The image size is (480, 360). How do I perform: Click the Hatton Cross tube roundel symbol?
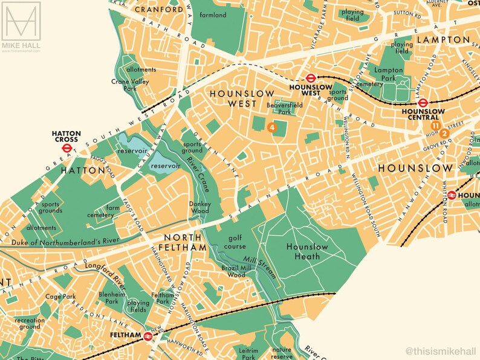(x=67, y=146)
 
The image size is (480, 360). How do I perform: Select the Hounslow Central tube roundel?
(x=423, y=103)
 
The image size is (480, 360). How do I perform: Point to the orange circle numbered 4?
(x=272, y=127)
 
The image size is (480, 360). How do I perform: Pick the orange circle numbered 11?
(x=435, y=125)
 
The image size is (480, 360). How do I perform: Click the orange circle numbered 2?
(x=444, y=133)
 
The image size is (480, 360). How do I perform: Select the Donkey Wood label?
(x=199, y=208)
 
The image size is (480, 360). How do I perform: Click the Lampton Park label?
(x=388, y=75)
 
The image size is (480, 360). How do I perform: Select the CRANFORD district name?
(x=159, y=10)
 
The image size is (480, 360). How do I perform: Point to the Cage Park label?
(x=62, y=297)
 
